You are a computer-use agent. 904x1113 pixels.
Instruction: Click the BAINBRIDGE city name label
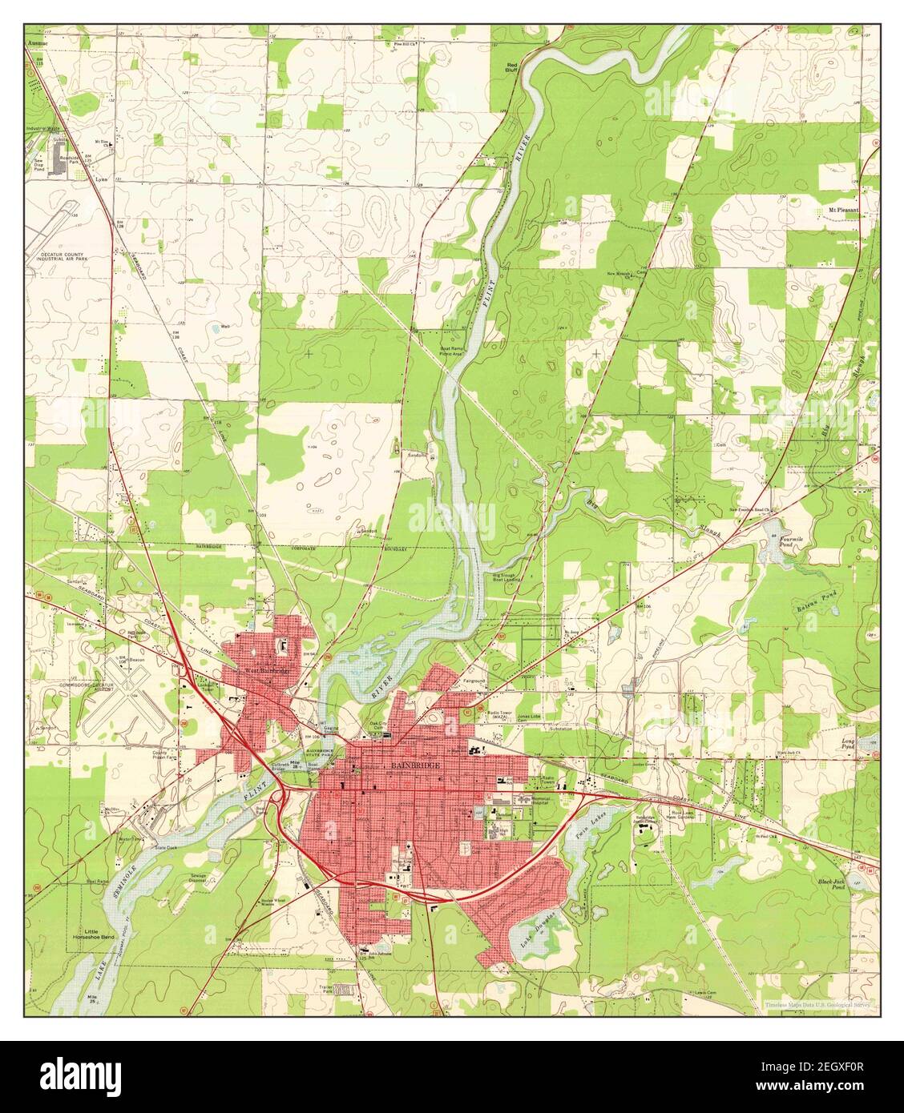415,765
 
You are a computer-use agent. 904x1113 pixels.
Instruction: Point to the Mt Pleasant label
843,210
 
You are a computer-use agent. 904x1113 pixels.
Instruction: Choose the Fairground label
474,680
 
